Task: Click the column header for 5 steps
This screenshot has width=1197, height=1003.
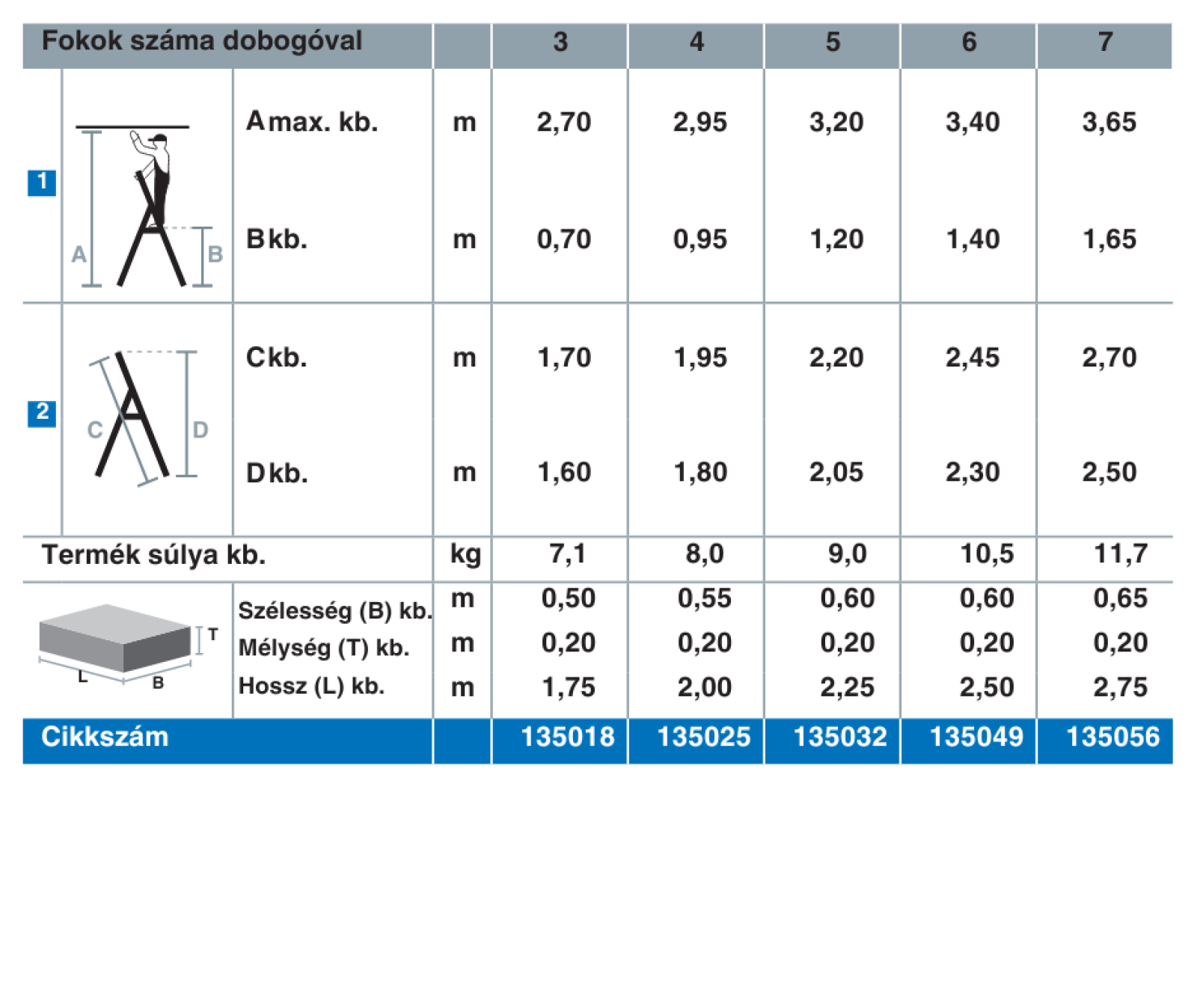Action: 832,42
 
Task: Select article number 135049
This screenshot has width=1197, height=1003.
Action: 976,737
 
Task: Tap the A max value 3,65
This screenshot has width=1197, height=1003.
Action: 1109,122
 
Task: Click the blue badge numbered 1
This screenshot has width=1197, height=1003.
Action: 42,182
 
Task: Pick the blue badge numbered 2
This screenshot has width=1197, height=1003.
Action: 42,413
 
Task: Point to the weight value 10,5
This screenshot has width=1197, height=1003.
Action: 987,553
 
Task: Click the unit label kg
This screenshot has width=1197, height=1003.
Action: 465,555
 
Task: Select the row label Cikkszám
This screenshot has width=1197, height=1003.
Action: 105,737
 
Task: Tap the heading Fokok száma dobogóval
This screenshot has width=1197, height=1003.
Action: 202,40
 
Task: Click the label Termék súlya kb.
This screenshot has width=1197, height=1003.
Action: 153,555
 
